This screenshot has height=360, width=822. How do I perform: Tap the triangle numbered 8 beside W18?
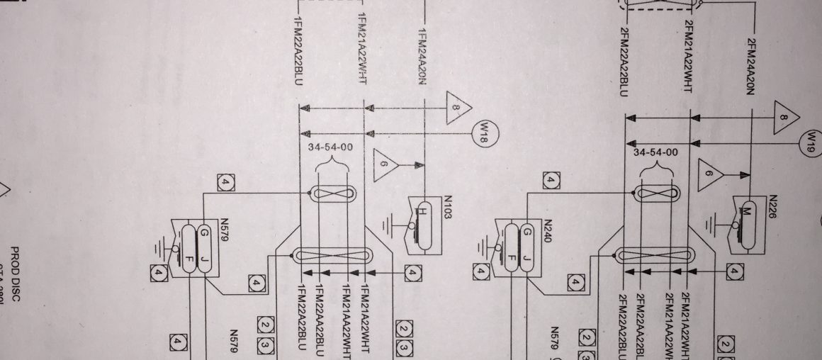457,108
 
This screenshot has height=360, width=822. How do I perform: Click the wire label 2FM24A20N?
751,68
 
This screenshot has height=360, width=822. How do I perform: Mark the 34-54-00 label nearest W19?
655,152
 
